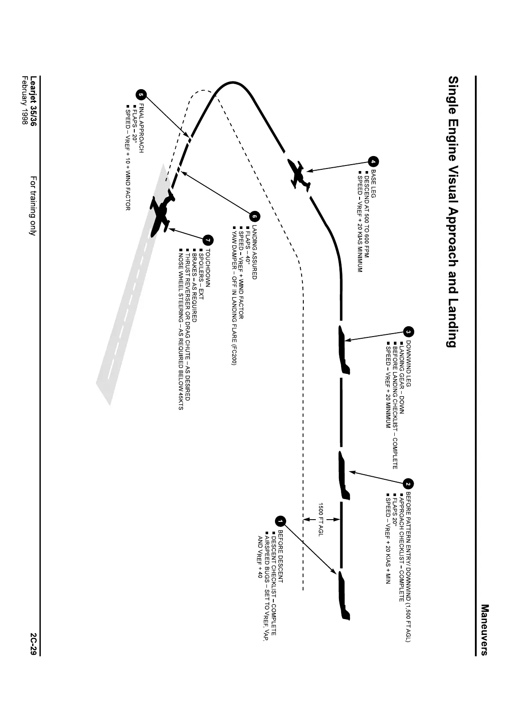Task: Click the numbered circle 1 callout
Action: (280, 521)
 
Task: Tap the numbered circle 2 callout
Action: (408, 484)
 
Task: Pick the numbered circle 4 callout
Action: (373, 162)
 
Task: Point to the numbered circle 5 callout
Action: (141, 95)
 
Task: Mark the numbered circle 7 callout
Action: (208, 239)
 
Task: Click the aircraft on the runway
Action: (161, 215)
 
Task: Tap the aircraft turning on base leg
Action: (300, 174)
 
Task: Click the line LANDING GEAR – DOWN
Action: (402, 377)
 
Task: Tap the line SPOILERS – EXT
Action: (201, 274)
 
